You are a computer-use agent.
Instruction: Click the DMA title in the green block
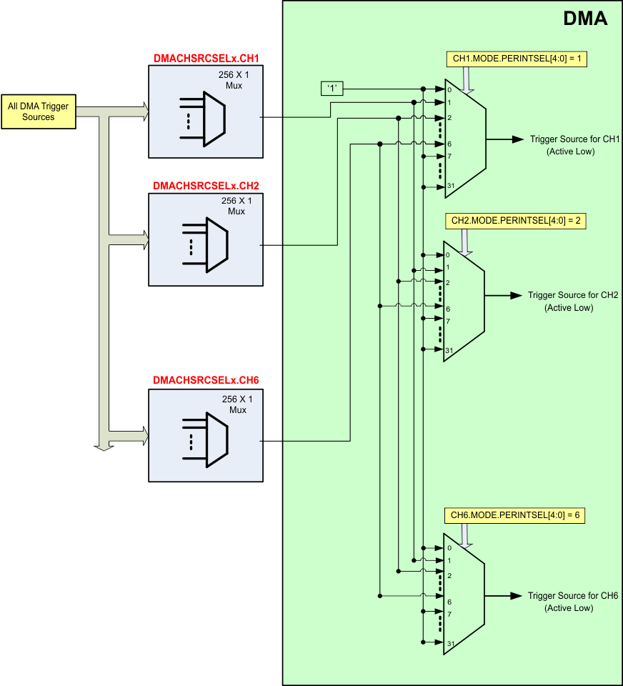click(x=585, y=19)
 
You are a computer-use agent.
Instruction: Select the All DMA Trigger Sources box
click(x=39, y=111)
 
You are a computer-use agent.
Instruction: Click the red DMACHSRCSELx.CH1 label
click(x=206, y=58)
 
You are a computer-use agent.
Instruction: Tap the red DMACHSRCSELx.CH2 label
click(x=206, y=186)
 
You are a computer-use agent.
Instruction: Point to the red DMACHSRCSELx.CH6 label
click(x=206, y=379)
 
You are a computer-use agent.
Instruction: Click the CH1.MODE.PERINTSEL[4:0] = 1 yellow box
click(x=517, y=59)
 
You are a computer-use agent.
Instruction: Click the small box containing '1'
click(x=332, y=89)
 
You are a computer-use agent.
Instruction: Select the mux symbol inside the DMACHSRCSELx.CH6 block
click(x=205, y=439)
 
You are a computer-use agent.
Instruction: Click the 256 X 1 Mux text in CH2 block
click(x=236, y=206)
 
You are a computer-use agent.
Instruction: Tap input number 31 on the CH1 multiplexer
click(x=450, y=186)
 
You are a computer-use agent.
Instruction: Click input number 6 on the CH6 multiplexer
click(x=449, y=602)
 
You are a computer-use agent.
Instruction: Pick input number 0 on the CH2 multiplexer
click(x=448, y=255)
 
